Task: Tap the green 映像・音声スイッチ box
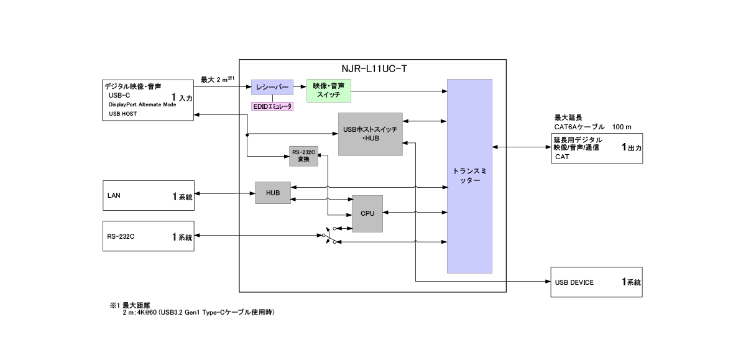(329, 91)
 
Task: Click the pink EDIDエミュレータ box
(272, 106)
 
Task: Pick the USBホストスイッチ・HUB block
(371, 134)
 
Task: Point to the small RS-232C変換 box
(304, 156)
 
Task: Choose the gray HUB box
(272, 193)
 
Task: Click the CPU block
(367, 214)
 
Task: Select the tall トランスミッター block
(469, 176)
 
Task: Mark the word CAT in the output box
(562, 157)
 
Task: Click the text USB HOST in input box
(123, 114)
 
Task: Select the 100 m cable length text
(622, 127)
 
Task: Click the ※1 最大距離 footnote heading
(126, 305)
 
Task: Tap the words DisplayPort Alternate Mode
(142, 104)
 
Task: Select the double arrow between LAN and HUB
(224, 193)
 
